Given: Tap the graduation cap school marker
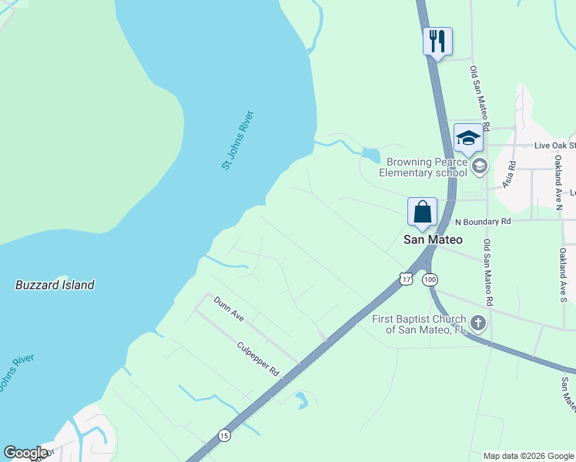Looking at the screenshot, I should [x=467, y=138].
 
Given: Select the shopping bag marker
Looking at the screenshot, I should [x=423, y=212].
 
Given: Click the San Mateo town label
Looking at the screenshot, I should [x=434, y=239].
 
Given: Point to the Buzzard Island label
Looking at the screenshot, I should [x=55, y=285].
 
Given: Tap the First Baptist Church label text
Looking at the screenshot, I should [x=419, y=324].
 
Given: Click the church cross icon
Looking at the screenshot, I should [x=478, y=322].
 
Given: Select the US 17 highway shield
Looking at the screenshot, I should [x=406, y=278].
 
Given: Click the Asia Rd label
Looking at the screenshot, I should [x=508, y=175].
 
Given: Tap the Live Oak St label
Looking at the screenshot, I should [x=554, y=146].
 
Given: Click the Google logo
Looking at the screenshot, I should [x=25, y=453].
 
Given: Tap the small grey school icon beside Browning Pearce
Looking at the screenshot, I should [x=480, y=166].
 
